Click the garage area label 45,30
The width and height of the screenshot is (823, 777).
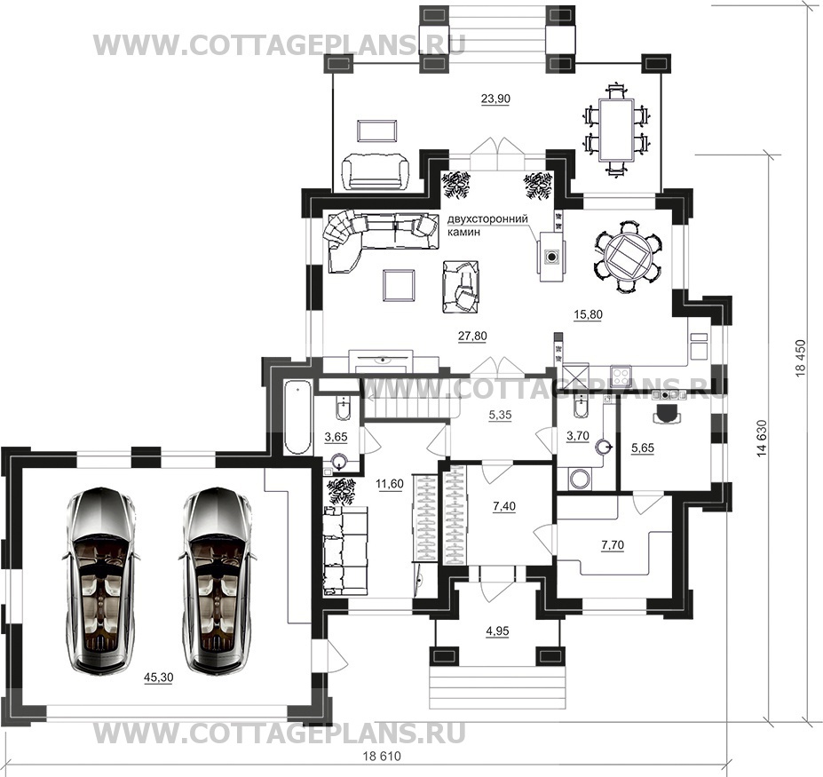(x=159, y=678)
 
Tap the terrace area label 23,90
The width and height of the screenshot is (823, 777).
(x=495, y=99)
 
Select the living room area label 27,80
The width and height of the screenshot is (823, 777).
(x=472, y=336)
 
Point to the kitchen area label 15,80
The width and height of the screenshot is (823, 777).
(x=588, y=314)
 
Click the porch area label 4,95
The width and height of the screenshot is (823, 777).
(x=497, y=630)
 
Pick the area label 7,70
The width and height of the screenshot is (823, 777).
(x=613, y=545)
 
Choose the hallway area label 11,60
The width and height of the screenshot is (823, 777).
(x=390, y=484)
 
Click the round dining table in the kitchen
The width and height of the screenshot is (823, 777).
(x=629, y=257)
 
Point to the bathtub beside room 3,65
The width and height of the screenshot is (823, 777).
(x=298, y=418)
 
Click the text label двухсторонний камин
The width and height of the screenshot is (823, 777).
(x=487, y=226)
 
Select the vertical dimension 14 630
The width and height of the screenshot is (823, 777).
(x=762, y=439)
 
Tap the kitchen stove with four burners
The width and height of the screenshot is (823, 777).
(x=622, y=376)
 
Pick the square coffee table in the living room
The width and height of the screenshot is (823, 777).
(x=400, y=284)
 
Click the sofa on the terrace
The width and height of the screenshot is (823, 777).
(x=375, y=171)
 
